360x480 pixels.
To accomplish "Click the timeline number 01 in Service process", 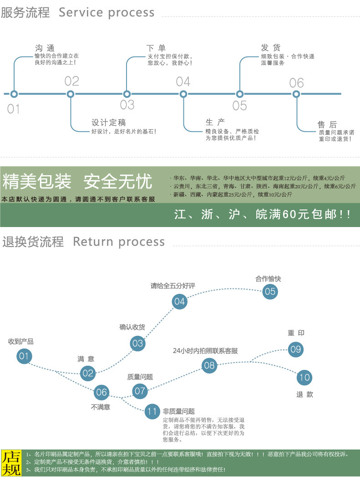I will (14, 109).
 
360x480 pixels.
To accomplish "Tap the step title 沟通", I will (45, 48).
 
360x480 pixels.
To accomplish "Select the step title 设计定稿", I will (109, 123).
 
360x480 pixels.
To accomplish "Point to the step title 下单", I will (156, 48).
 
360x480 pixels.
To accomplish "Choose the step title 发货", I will (271, 48).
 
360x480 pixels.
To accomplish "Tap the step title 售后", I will (327, 124).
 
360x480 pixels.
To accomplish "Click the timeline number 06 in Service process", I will (296, 83).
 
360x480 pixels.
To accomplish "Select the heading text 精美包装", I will (37, 182).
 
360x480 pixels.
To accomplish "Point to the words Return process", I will (119, 242).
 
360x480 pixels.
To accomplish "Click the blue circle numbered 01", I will (24, 356).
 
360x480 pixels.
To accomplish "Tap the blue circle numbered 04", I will (180, 301).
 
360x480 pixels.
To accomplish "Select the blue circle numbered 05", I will (270, 291).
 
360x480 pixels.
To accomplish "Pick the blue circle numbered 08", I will (209, 365).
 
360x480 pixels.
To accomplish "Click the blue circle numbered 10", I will (304, 377).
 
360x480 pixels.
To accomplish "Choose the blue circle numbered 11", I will (152, 412).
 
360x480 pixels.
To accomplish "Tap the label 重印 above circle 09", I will (296, 333).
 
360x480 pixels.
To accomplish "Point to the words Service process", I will (106, 12).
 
